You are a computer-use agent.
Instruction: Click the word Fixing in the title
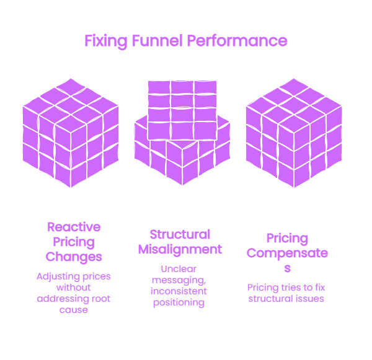[x=106, y=42]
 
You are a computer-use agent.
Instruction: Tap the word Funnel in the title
[x=157, y=40]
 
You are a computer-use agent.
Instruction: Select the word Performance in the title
[x=237, y=40]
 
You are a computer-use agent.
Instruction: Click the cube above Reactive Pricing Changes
[x=71, y=133]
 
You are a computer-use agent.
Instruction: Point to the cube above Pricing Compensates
[x=294, y=133]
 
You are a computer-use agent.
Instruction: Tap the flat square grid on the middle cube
[x=182, y=110]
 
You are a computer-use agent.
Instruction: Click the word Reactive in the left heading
[x=74, y=227]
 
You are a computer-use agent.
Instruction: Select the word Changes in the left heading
[x=74, y=257]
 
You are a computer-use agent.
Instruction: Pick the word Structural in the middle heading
[x=180, y=234]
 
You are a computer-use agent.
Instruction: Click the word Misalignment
[x=180, y=250]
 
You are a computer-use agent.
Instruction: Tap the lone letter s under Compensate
[x=287, y=268]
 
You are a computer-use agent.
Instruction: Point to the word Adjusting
[x=55, y=277]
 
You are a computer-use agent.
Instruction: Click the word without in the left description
[x=74, y=288]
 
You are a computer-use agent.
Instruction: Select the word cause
[x=74, y=310]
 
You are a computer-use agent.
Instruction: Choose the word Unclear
[x=179, y=269]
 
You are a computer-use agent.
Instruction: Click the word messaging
[x=179, y=281]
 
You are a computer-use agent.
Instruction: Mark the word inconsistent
[x=179, y=291]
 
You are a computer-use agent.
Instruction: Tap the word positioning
[x=179, y=303]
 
